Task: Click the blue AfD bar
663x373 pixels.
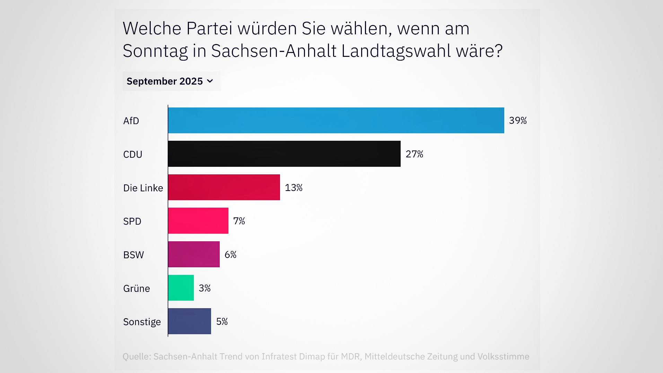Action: click(x=336, y=120)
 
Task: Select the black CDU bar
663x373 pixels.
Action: click(x=284, y=154)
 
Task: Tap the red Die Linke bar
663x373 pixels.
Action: click(x=224, y=187)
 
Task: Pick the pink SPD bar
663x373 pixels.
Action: click(x=198, y=221)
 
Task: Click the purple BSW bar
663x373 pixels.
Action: click(x=194, y=254)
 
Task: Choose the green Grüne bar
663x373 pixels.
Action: click(x=181, y=288)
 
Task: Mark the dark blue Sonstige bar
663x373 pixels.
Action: click(x=190, y=321)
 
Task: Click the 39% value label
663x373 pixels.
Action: click(x=518, y=121)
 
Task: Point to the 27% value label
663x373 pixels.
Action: click(x=415, y=154)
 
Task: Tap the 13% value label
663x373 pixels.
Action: click(x=294, y=188)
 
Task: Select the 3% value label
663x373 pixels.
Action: click(x=204, y=288)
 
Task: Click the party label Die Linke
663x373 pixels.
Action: click(x=143, y=188)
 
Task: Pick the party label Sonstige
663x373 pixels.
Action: click(x=142, y=322)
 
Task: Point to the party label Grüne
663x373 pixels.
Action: click(x=137, y=288)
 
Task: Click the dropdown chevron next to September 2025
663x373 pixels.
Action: click(x=210, y=81)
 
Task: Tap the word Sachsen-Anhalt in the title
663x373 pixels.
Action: click(x=274, y=51)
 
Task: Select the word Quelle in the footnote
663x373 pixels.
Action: click(x=136, y=356)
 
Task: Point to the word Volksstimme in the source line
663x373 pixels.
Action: click(x=503, y=356)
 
